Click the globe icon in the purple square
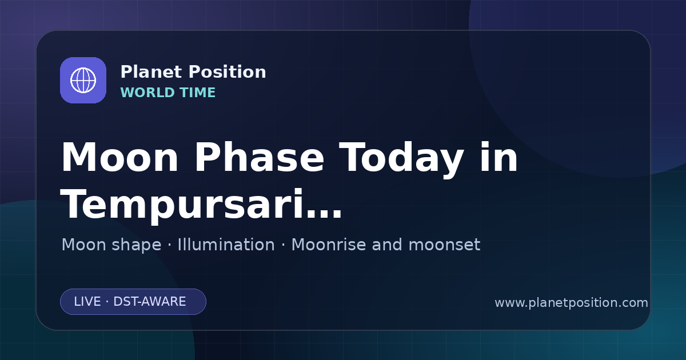83,80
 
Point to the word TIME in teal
198,93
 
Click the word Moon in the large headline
119,158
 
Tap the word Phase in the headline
260,158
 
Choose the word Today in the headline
401,159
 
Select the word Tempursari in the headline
182,206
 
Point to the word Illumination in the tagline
226,245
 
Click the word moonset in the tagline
444,245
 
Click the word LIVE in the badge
87,302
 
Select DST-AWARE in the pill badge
149,302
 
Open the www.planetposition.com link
571,303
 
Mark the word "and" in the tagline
387,245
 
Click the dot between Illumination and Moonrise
283,245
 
